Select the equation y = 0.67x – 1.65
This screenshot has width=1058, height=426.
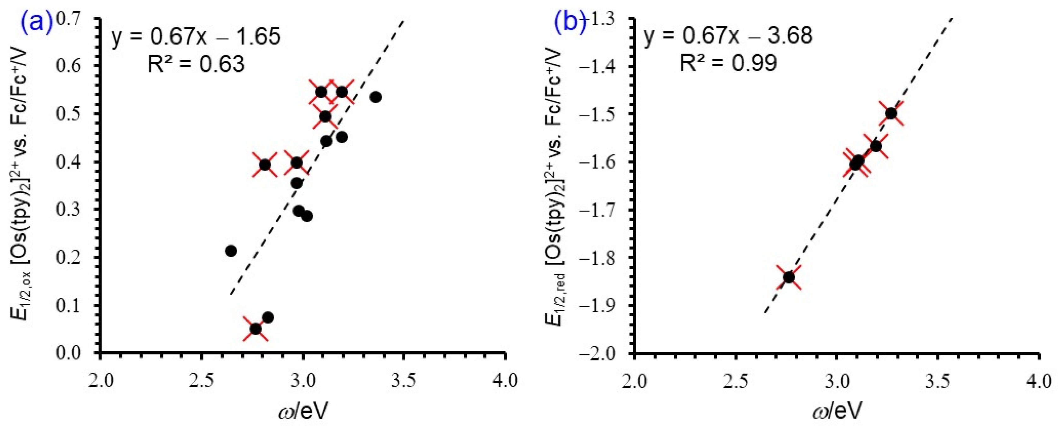(196, 37)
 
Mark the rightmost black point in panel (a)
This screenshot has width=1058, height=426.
(375, 97)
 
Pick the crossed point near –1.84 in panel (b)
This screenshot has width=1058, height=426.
(789, 277)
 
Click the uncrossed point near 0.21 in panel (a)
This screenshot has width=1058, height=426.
(231, 250)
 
